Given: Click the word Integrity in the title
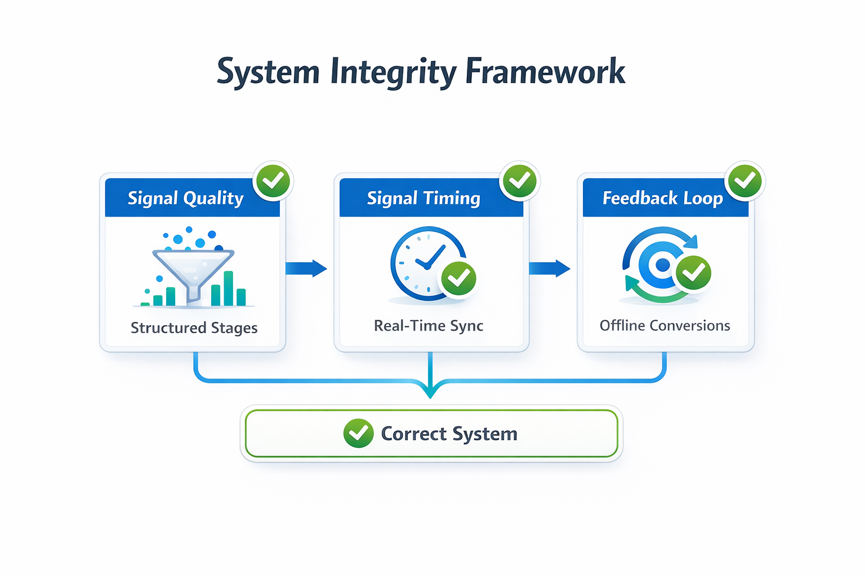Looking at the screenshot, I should [x=393, y=72].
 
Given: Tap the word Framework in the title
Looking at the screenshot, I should [x=545, y=72].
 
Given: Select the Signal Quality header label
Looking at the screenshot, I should [x=185, y=198].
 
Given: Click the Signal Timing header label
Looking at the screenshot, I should [x=423, y=198].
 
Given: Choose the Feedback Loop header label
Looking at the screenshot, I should [x=662, y=198].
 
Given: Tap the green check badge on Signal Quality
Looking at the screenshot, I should [x=273, y=181].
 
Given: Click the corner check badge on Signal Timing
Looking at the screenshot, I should [x=519, y=181].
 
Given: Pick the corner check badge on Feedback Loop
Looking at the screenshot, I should [x=745, y=181].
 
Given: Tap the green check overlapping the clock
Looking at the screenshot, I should [x=458, y=278].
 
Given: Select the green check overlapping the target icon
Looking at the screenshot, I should [x=693, y=273].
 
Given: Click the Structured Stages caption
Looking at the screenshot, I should [x=194, y=327].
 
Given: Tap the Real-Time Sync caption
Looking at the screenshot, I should [x=429, y=326].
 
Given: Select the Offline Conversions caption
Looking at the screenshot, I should [x=665, y=326].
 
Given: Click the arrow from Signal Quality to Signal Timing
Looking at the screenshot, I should [x=306, y=268].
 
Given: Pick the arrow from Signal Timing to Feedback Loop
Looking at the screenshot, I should [x=550, y=268].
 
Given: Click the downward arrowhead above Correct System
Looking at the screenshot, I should [x=430, y=391].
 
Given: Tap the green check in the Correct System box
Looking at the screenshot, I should [x=358, y=433].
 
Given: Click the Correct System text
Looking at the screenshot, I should [x=449, y=434].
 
